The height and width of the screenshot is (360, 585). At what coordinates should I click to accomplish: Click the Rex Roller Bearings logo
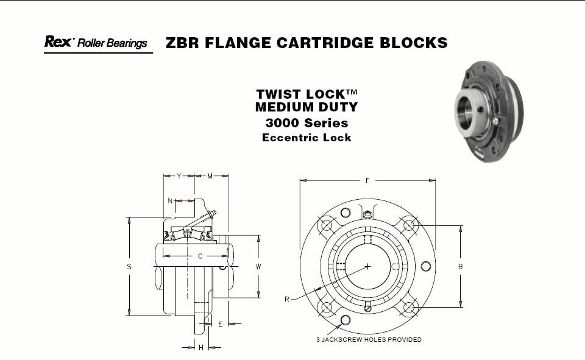pos(96,43)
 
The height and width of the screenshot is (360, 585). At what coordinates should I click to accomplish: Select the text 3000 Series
pos(307,123)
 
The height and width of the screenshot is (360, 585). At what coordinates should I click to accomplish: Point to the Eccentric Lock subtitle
pos(307,138)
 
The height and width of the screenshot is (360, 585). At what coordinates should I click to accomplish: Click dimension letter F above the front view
pos(367,180)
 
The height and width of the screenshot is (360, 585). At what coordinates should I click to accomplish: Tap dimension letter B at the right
pos(461,266)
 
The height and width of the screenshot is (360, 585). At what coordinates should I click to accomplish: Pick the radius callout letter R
pos(286,298)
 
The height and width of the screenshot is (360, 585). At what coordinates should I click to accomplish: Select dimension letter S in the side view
pos(129,266)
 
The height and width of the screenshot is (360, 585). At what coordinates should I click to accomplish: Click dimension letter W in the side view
pos(258,266)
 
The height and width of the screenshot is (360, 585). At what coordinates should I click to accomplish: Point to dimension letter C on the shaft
pos(200,256)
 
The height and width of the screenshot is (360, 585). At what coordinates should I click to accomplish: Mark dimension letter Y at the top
pos(179,176)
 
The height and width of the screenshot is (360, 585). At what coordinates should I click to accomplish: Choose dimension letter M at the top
pos(210,176)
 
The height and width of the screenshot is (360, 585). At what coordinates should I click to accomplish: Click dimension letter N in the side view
pos(170,200)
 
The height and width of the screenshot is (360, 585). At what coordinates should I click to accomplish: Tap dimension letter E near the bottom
pos(220,324)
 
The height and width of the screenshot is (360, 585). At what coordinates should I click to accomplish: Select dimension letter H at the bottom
pos(200,347)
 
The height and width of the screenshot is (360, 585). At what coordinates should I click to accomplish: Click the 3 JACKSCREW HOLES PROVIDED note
pos(369,339)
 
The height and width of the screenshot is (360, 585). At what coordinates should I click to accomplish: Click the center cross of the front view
pos(368,266)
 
